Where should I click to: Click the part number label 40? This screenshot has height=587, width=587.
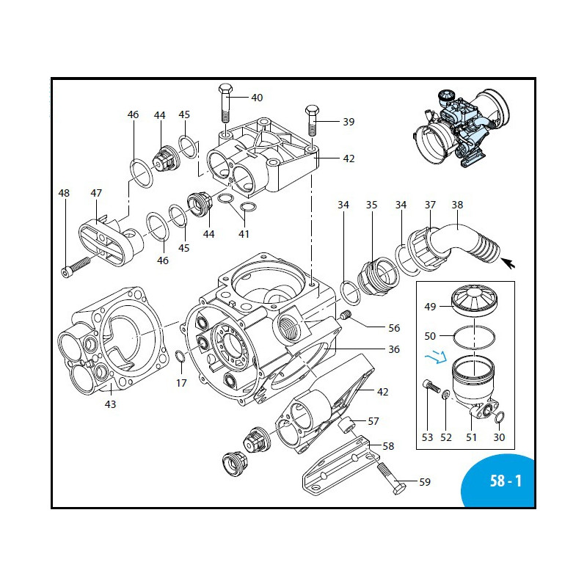(x=257, y=98)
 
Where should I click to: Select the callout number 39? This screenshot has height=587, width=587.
(x=348, y=122)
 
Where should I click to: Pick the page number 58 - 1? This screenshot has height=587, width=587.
(x=506, y=482)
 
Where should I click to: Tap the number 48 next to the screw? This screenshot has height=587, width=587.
(x=65, y=193)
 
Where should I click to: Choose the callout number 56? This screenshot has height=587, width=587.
(x=394, y=328)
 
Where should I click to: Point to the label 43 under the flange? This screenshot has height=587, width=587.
(x=110, y=404)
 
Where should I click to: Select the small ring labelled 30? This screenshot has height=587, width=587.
(x=499, y=418)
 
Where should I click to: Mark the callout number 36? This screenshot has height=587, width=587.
(x=394, y=349)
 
